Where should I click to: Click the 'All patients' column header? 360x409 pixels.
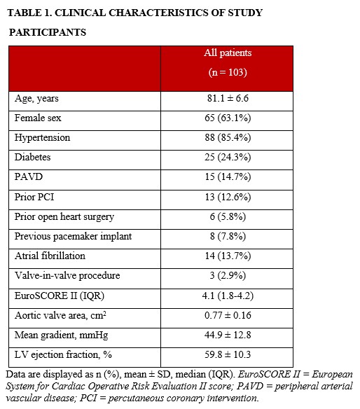(227, 53)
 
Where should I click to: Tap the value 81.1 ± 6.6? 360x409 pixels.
(227, 99)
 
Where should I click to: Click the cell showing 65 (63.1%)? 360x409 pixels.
(227, 118)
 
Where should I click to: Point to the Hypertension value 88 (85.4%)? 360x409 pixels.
(227, 138)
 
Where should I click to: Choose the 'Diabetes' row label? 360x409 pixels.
(33, 158)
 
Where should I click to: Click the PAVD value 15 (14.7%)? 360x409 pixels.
(227, 177)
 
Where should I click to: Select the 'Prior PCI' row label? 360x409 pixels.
(35, 197)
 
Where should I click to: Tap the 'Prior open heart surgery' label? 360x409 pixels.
(64, 217)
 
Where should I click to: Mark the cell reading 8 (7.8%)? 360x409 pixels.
(227, 237)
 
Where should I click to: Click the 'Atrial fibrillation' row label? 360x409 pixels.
(50, 256)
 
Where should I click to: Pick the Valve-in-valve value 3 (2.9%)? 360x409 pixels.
(227, 276)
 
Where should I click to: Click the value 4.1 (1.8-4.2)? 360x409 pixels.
(227, 296)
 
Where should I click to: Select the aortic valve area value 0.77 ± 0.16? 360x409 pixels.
(227, 316)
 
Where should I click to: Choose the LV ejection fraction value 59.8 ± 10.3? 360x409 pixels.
(227, 355)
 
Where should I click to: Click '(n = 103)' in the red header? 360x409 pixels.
(227, 72)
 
